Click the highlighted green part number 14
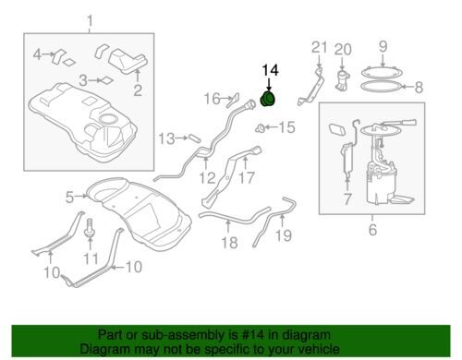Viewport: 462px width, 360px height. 268,99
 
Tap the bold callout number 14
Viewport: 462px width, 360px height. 270,70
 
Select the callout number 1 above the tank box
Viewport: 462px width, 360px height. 90,21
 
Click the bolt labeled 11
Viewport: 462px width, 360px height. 90,227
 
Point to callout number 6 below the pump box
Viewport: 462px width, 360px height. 372,230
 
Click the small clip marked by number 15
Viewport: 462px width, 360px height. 260,127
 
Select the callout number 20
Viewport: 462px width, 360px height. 343,49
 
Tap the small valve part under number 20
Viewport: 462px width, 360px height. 343,80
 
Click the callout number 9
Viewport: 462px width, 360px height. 383,46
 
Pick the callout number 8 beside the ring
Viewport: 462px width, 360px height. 419,87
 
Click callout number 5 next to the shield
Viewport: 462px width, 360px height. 69,198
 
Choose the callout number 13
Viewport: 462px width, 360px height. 166,138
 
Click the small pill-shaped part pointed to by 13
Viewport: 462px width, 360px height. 195,138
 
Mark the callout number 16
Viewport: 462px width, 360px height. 213,99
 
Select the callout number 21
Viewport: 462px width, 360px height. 319,48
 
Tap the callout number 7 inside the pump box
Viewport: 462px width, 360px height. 347,198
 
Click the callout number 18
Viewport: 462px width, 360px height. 229,243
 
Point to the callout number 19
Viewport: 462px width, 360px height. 284,235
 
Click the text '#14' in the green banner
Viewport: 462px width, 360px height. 254,335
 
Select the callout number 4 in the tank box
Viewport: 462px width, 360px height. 37,54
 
